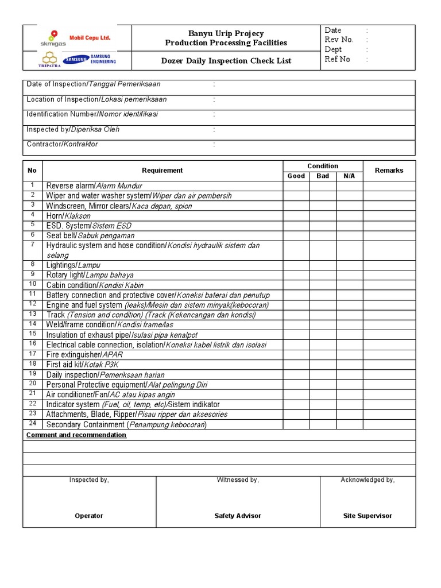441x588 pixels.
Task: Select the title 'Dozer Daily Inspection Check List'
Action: tap(226, 60)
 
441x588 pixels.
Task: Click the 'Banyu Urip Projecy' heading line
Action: tap(226, 34)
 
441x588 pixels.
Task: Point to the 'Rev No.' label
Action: tap(339, 40)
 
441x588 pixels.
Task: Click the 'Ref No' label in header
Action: tap(337, 59)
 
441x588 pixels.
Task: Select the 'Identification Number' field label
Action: tap(92, 114)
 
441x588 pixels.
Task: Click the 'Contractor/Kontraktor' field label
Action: tap(62, 144)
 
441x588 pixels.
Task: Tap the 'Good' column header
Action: tap(296, 176)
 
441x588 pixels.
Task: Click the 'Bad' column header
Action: tap(323, 176)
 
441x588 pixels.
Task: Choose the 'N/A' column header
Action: tap(349, 176)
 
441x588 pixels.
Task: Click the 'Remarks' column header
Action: tap(389, 171)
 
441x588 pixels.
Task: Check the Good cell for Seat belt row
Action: tap(296, 235)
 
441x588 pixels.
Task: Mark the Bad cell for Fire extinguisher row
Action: tap(323, 355)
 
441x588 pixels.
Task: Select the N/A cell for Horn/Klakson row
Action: tap(349, 216)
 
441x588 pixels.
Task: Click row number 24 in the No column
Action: tap(33, 424)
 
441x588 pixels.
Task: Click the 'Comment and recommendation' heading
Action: tap(76, 435)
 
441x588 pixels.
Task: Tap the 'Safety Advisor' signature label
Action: tap(238, 516)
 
